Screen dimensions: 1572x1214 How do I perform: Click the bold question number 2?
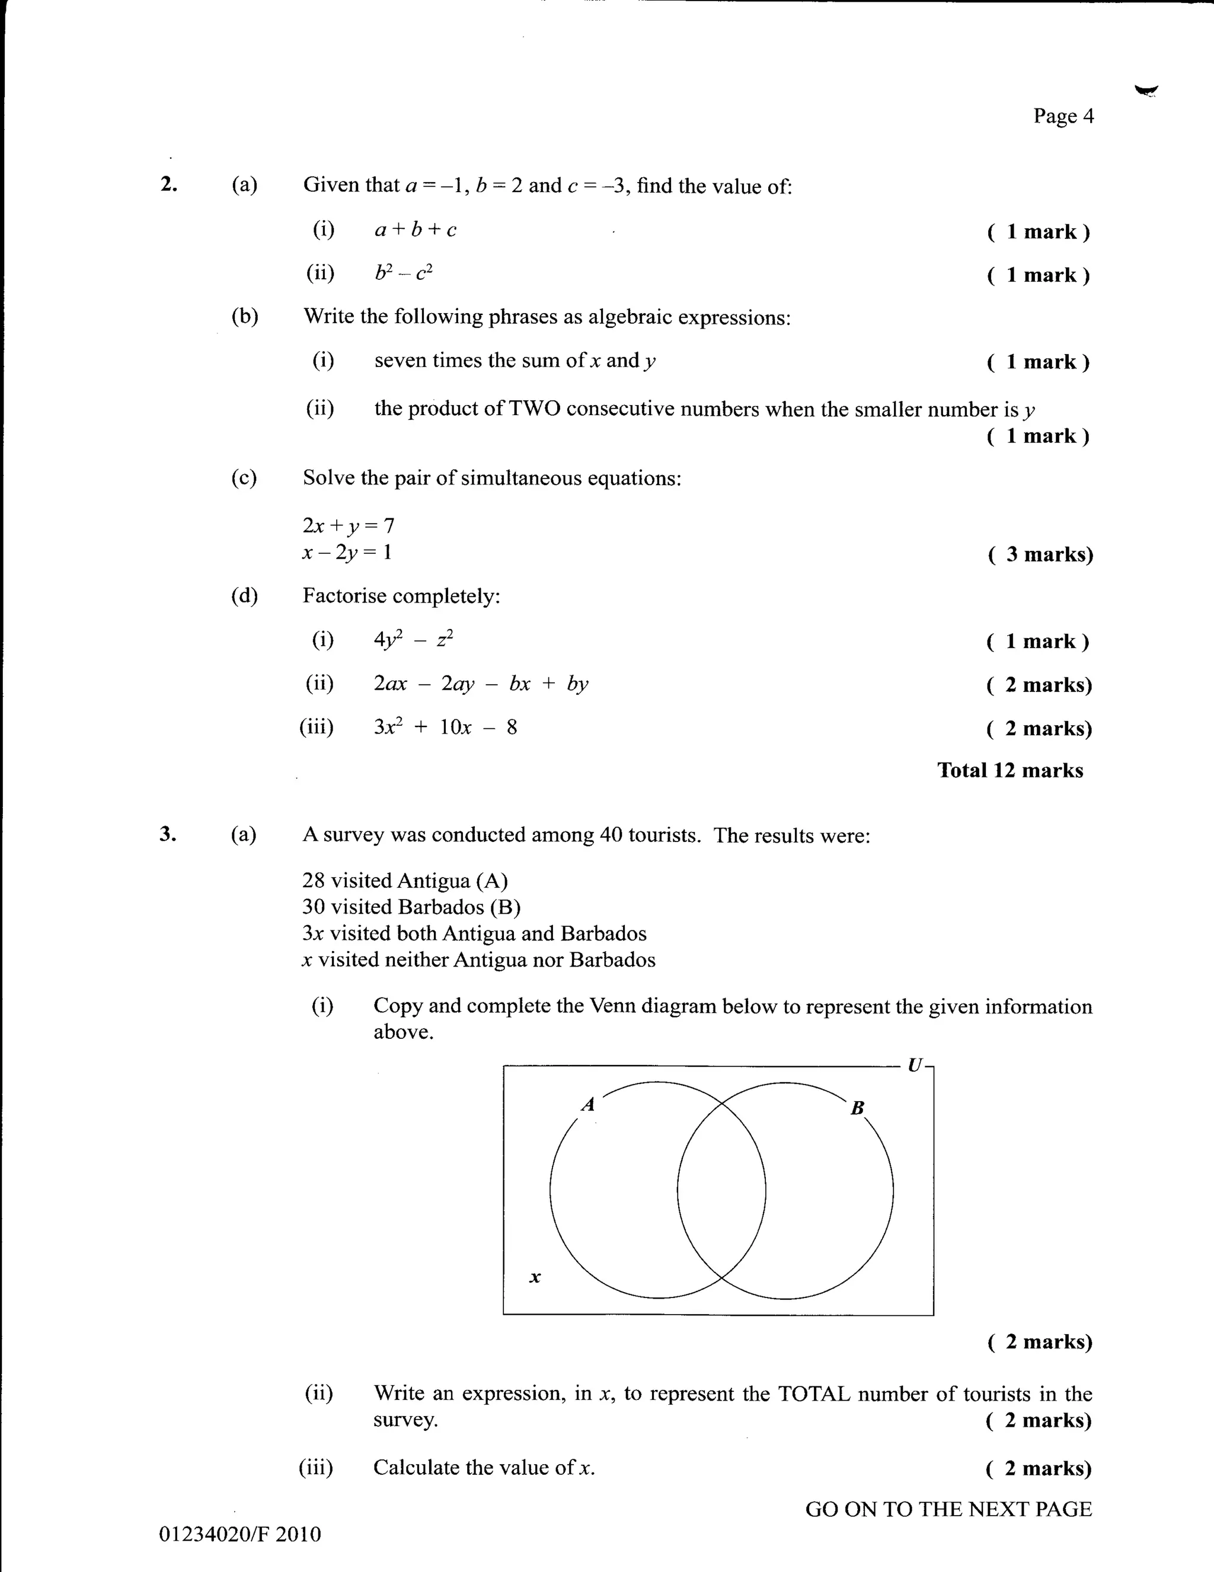pyautogui.click(x=168, y=184)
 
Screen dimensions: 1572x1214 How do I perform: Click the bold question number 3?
pyautogui.click(x=167, y=834)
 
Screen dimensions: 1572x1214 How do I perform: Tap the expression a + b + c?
pyautogui.click(x=415, y=230)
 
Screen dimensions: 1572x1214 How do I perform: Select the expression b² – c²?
pyautogui.click(x=403, y=273)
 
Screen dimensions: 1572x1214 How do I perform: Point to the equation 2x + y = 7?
pyautogui.click(x=349, y=525)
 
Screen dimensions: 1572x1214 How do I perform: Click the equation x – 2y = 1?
pyautogui.click(x=347, y=553)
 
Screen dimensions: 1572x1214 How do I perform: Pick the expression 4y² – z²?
pyautogui.click(x=413, y=639)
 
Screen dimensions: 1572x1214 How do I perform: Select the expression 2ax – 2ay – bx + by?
pyautogui.click(x=480, y=683)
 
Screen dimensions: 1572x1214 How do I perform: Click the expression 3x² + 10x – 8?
pyautogui.click(x=445, y=727)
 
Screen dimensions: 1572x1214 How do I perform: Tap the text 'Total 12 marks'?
pyautogui.click(x=1009, y=770)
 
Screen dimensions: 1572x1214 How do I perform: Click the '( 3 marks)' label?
pyautogui.click(x=1040, y=554)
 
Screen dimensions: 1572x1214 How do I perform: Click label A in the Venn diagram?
pyautogui.click(x=588, y=1104)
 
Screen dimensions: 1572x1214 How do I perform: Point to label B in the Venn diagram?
pyautogui.click(x=857, y=1108)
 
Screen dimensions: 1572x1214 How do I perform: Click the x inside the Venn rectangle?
pyautogui.click(x=535, y=1278)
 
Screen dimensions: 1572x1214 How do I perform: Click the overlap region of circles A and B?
pyautogui.click(x=721, y=1191)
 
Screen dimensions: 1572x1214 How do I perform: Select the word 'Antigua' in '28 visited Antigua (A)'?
pyautogui.click(x=433, y=881)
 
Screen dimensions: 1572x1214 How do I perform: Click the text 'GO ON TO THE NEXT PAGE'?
pyautogui.click(x=948, y=1509)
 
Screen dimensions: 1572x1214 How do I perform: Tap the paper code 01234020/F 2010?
pyautogui.click(x=239, y=1534)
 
